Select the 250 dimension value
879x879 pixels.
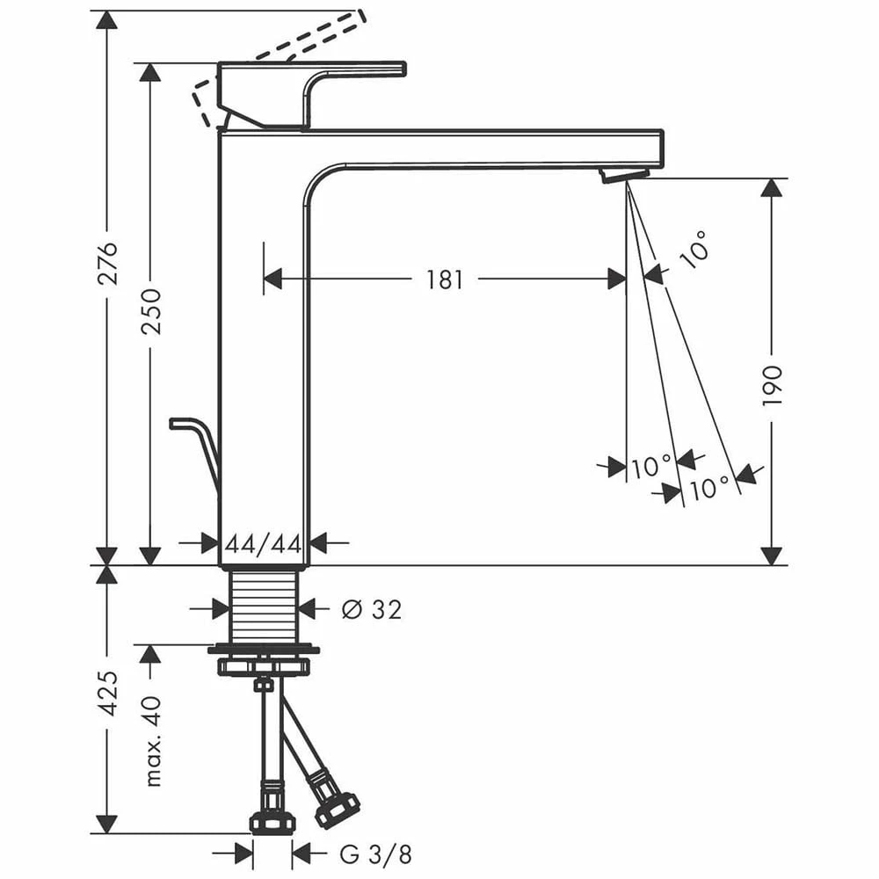151,310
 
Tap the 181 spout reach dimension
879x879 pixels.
445,280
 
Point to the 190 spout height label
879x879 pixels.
772,385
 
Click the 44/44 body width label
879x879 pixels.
263,544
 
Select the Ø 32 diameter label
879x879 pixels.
371,608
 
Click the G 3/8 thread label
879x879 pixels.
374,853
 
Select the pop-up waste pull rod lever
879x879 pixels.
195,444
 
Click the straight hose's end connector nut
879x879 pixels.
272,822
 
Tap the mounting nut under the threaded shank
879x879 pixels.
264,659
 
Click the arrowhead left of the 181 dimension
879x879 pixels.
272,280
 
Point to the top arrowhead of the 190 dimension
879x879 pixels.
772,188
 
